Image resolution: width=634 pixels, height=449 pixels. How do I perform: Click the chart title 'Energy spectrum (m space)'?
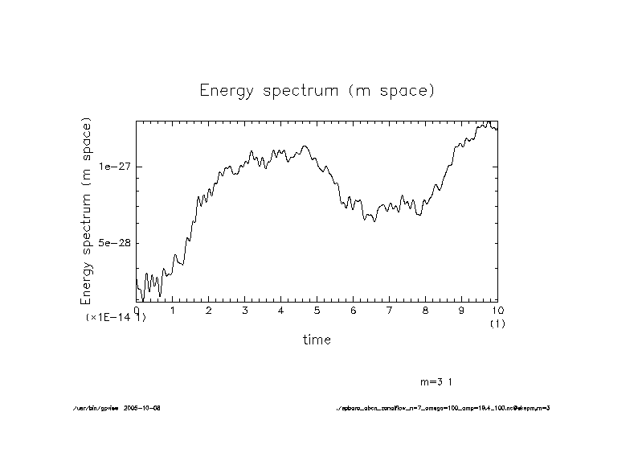(x=317, y=90)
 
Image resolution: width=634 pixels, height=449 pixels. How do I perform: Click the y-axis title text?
(x=87, y=210)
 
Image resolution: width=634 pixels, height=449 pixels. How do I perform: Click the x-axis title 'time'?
(x=317, y=340)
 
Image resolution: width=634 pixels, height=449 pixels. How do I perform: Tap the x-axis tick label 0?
(x=137, y=310)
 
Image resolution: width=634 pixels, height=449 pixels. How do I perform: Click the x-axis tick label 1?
(x=173, y=310)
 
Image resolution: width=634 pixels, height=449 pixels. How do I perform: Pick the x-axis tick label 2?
(x=209, y=310)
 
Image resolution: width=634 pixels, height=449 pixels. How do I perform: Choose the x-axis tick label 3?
(x=245, y=310)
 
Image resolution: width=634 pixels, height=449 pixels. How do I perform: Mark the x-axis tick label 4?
(x=281, y=310)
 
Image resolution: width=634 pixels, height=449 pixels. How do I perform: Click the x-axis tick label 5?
(x=317, y=310)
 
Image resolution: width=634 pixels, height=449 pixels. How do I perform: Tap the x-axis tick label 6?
(x=354, y=310)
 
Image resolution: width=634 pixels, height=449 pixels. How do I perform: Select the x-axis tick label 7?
(x=390, y=310)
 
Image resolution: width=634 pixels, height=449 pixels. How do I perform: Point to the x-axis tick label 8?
(x=426, y=310)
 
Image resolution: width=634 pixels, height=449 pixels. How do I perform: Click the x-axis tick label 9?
(x=462, y=310)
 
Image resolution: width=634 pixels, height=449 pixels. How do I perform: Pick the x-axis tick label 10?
(x=497, y=310)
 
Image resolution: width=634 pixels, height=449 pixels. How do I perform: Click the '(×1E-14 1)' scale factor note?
(x=116, y=318)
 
